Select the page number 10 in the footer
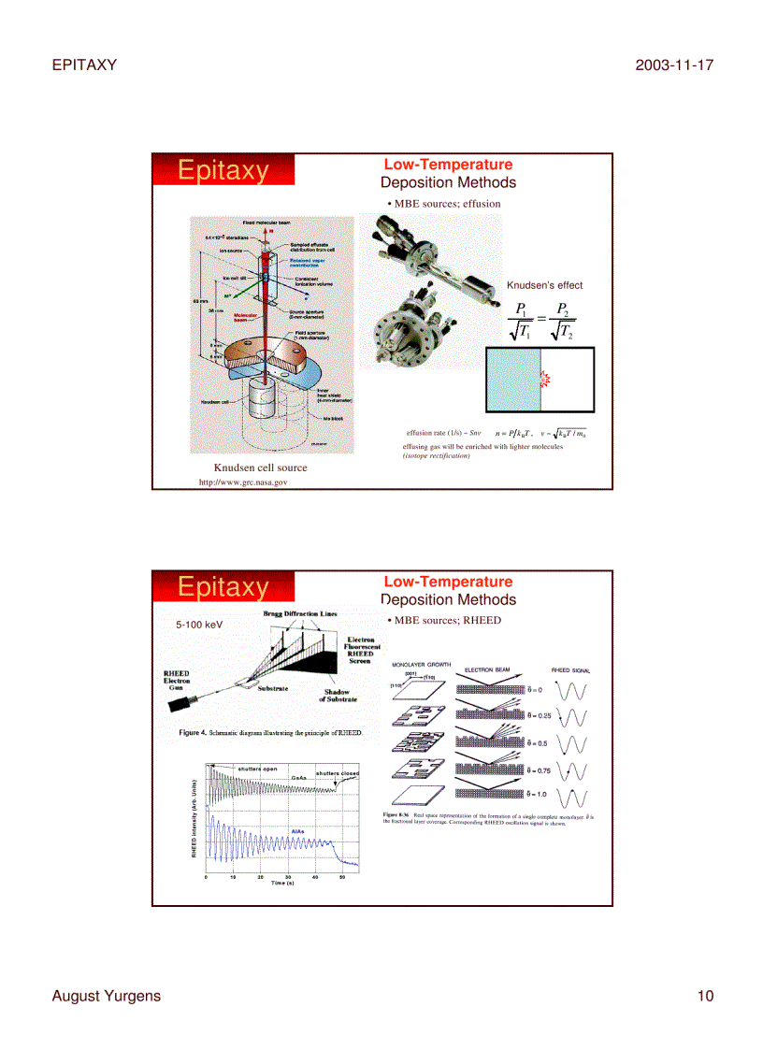[704, 996]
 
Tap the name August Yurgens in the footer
[106, 996]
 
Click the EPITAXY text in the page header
[84, 65]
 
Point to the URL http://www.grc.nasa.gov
[243, 482]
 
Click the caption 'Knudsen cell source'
[260, 467]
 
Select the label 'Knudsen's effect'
[544, 285]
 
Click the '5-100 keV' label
[199, 624]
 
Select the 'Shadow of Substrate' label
[337, 696]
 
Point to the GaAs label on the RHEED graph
[299, 777]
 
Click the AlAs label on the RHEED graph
[297, 830]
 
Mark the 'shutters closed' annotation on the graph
[337, 773]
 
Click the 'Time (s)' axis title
[283, 884]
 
